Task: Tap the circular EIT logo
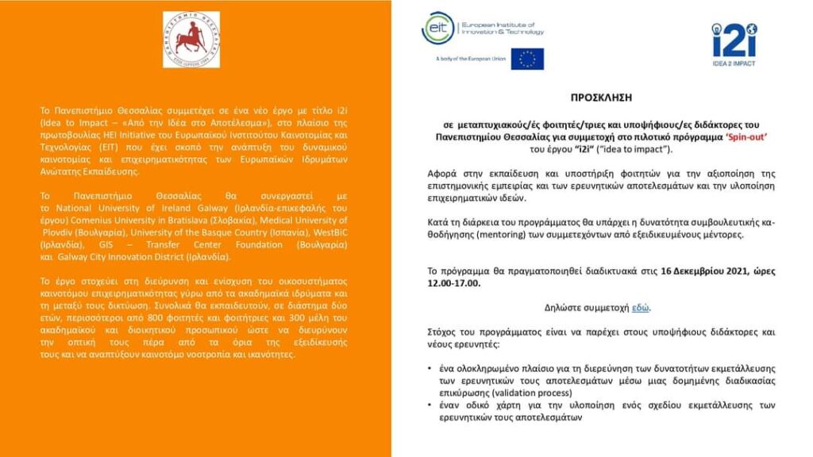[439, 29]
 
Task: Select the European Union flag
[527, 59]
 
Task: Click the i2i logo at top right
[734, 39]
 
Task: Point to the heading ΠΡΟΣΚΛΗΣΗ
[601, 98]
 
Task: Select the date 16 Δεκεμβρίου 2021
[706, 271]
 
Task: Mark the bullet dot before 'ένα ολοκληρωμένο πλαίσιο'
[430, 369]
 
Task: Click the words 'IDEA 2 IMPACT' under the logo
[734, 63]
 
